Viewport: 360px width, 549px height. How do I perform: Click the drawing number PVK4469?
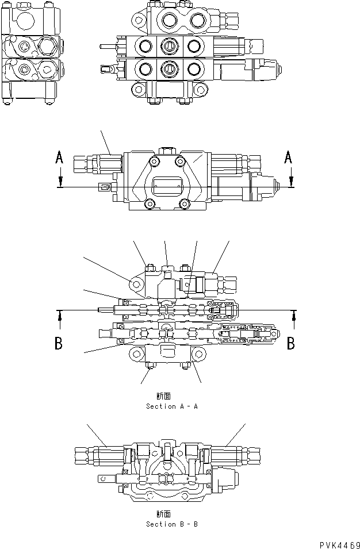coord(338,544)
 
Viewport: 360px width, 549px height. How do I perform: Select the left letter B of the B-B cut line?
coord(59,344)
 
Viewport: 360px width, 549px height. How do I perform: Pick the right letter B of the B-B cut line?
coord(291,343)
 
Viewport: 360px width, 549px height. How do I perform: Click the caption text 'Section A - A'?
coord(171,406)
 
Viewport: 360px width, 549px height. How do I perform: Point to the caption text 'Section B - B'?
coord(171,524)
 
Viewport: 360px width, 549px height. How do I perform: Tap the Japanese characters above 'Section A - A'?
coord(163,396)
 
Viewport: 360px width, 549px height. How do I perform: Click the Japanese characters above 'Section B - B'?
coord(163,514)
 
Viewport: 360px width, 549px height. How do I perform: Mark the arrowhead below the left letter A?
coord(59,183)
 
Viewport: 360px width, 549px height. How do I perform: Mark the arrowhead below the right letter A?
coord(292,183)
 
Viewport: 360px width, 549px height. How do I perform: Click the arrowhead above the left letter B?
coord(59,314)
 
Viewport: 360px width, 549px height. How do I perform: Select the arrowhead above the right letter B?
coord(294,314)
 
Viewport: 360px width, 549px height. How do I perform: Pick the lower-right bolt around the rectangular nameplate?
coord(185,202)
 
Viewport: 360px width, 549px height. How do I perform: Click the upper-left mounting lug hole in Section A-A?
coord(136,284)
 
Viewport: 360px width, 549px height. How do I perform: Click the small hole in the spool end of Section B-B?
coord(104,477)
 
